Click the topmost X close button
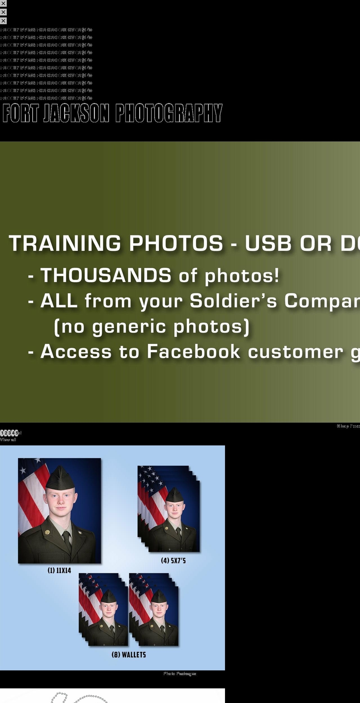click(3, 3)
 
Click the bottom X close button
click(3, 21)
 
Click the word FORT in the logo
click(21, 113)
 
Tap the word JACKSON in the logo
click(76, 113)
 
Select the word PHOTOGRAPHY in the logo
click(169, 113)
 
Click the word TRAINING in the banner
click(65, 243)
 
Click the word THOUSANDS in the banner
click(106, 276)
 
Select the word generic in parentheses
click(129, 327)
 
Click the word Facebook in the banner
click(193, 352)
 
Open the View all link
click(8, 439)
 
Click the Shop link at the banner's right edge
click(342, 426)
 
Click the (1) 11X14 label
click(59, 570)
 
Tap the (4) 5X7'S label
click(173, 561)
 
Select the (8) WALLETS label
click(129, 655)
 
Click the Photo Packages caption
click(180, 674)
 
